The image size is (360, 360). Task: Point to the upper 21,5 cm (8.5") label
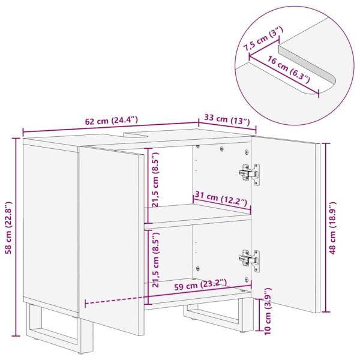point(155,178)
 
